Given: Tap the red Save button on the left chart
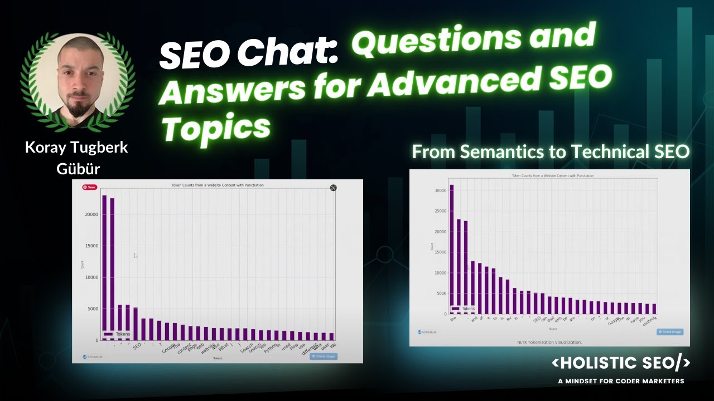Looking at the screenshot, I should (89, 187).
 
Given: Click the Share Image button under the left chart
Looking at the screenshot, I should (324, 356).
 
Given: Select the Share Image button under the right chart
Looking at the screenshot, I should (669, 332).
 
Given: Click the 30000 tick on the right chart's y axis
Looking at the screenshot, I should (440, 190).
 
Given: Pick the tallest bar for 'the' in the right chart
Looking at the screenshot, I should (452, 248).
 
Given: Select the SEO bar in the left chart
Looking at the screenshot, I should (136, 324).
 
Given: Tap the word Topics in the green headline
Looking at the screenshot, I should (216, 127).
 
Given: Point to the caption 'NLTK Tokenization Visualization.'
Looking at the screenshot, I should (549, 342).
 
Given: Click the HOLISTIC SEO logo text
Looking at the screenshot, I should (620, 363).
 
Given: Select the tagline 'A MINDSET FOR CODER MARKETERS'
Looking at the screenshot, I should (621, 381).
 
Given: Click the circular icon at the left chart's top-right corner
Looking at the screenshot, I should (333, 188).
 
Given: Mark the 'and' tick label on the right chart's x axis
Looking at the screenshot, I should (474, 320).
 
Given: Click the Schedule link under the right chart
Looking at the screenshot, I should (427, 332).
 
